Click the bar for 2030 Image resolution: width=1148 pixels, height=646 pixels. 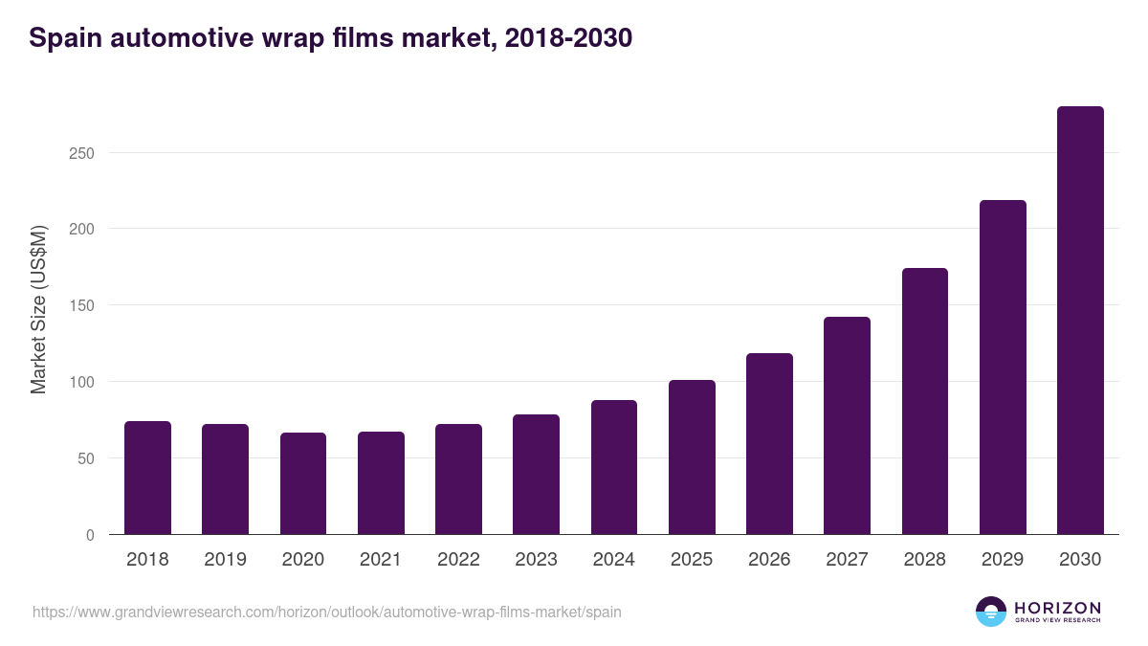coord(1080,321)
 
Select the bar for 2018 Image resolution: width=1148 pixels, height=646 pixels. coord(147,478)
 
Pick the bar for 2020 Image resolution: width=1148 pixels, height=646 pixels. coord(303,483)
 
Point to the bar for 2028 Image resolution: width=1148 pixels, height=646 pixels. coord(925,401)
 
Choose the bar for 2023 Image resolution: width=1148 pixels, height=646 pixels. coord(536,475)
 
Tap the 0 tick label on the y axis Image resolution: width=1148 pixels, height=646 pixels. coord(90,535)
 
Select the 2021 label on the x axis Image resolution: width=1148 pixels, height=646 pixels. coord(381,560)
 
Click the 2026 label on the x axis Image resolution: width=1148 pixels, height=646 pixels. coord(769,560)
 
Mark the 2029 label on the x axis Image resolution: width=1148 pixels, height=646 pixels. coord(1003,560)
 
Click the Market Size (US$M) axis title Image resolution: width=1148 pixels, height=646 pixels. coord(38,310)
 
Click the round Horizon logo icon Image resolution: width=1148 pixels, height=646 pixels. coord(990,612)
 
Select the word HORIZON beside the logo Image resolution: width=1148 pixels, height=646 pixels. coord(1057,607)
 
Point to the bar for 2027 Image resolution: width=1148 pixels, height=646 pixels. coord(847,426)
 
